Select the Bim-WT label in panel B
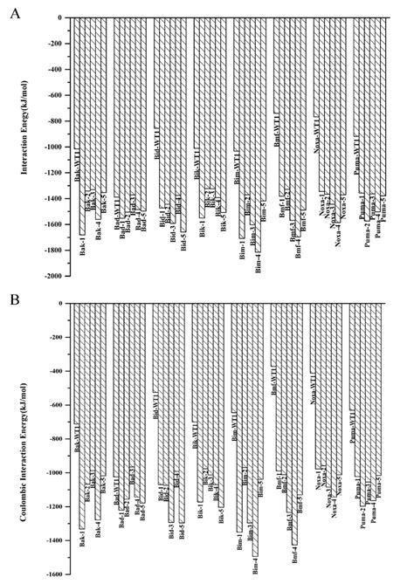pyautogui.click(x=235, y=427)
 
